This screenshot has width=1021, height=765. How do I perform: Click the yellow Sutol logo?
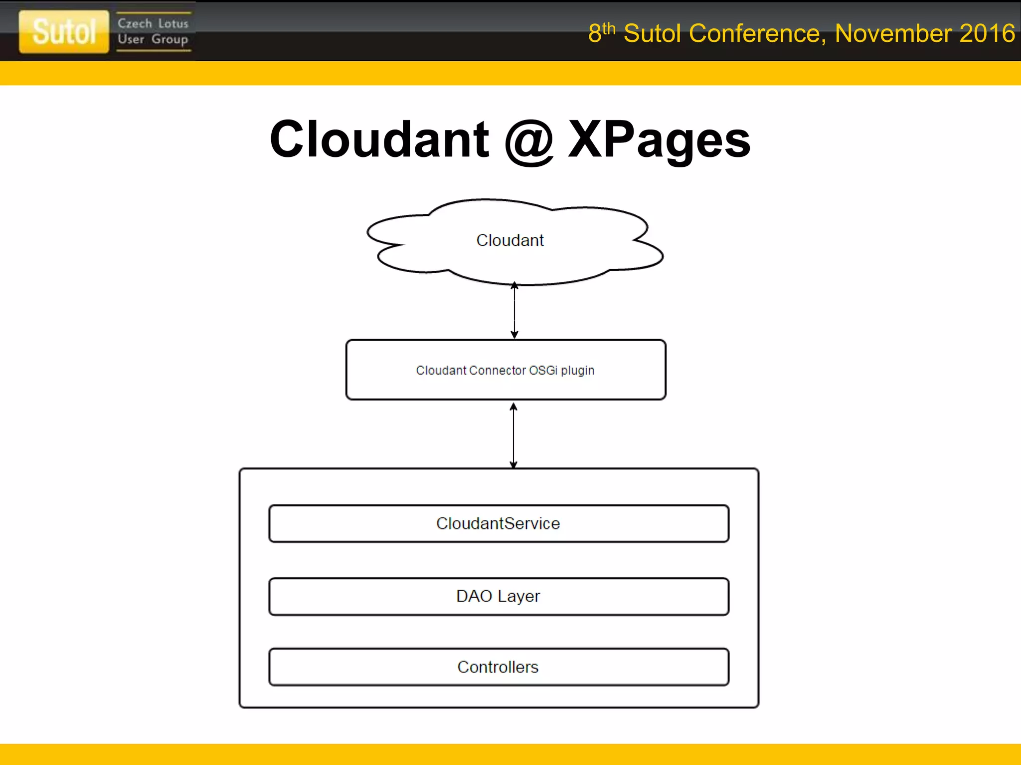[x=64, y=31]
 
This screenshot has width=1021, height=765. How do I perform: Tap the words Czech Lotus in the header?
[x=153, y=23]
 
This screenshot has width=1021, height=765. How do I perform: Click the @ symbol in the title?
[x=528, y=140]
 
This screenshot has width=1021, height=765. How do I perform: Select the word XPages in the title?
[x=659, y=140]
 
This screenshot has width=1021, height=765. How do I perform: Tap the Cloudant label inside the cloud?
[x=510, y=241]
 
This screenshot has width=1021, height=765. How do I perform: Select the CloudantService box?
[x=499, y=523]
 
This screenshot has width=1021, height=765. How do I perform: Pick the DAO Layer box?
[x=499, y=596]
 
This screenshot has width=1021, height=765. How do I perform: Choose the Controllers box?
[x=499, y=667]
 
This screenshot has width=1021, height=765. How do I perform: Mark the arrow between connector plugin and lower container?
[x=513, y=435]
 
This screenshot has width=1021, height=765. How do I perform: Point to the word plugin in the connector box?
[x=577, y=371]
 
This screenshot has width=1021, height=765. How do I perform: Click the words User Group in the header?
[x=153, y=39]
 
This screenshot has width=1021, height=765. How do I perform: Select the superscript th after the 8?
[x=609, y=28]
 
